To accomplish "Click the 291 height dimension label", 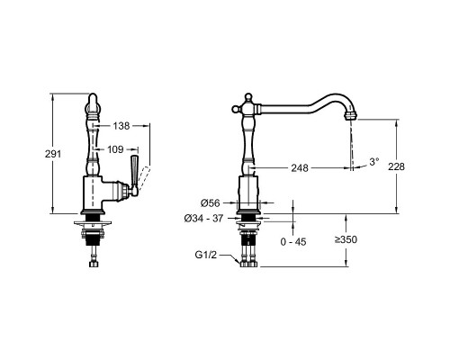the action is pos(53,154).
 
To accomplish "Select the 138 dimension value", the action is pos(121,126).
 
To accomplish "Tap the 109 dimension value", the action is pos(115,149).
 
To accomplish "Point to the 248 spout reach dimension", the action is pos(300,168).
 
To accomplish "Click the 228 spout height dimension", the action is pos(396,166).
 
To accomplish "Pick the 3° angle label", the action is pos(374,162).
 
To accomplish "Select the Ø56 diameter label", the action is pos(210,203).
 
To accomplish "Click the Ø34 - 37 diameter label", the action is pos(203,219).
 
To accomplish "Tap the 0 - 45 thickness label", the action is pos(293,242).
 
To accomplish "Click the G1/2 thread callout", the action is pos(206,255).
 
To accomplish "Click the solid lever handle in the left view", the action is pos(134,175).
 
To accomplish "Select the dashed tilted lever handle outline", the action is pos(144,177).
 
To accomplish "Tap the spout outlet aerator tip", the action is pos(352,115).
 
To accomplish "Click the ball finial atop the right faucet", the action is pos(247,96).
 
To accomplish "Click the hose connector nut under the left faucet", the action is pos(94,264).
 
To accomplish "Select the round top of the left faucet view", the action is pos(93,101).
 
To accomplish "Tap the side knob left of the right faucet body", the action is pos(235,109).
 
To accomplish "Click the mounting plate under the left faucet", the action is pos(93,223).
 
